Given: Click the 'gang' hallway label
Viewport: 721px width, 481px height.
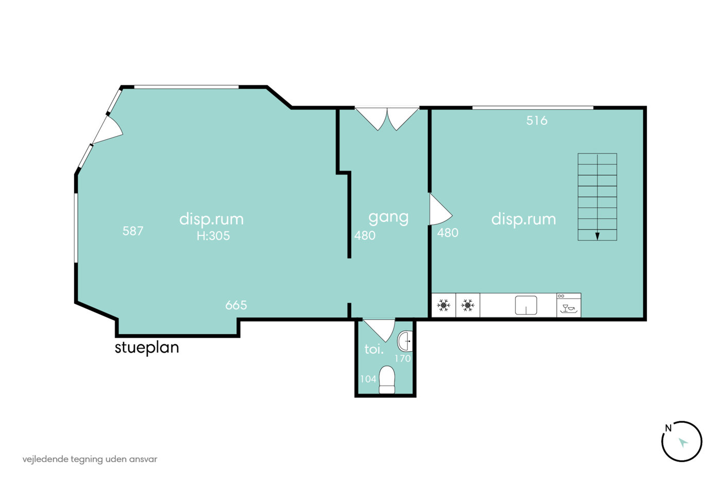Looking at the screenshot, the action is click(x=388, y=218).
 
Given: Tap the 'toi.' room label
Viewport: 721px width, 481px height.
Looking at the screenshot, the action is click(x=374, y=349).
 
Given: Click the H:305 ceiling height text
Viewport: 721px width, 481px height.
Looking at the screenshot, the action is click(x=213, y=236).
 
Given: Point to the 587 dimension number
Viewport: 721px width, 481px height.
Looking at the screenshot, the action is click(x=133, y=231).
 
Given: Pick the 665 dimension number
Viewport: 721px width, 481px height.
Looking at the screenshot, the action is click(x=236, y=305).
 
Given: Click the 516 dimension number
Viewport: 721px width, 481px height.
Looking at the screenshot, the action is click(x=537, y=121).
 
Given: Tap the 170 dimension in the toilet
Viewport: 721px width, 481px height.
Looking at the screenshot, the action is click(x=403, y=359).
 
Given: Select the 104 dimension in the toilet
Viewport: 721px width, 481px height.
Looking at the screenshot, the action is click(x=368, y=379).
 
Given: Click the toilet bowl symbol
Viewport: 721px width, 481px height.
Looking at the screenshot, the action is click(x=387, y=379).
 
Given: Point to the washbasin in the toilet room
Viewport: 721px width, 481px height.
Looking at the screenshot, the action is click(x=405, y=341).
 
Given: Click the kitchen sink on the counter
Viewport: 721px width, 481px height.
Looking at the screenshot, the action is click(x=526, y=305).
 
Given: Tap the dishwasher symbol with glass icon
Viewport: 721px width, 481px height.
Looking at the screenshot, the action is click(x=569, y=305).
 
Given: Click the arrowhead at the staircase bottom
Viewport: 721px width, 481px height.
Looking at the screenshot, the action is click(x=597, y=236).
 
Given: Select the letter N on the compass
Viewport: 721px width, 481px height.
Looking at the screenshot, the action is click(x=668, y=428).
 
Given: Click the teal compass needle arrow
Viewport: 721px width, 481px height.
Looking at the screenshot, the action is click(x=683, y=443).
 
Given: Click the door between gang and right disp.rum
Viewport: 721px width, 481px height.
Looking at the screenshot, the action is click(x=440, y=209).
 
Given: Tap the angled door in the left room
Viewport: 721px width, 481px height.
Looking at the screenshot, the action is click(x=107, y=129).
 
